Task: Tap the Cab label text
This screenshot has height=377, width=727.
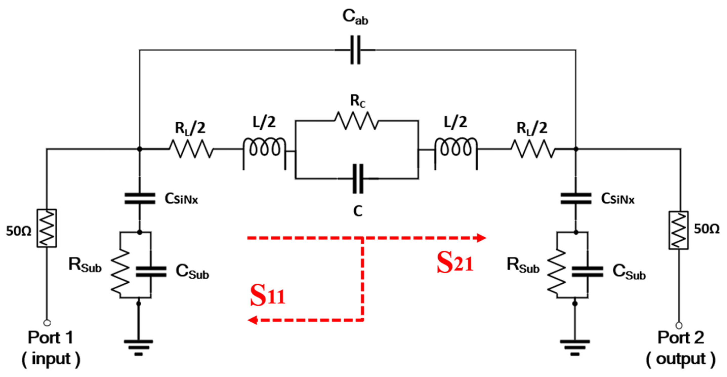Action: click(x=355, y=17)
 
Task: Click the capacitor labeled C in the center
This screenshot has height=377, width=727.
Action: click(x=358, y=179)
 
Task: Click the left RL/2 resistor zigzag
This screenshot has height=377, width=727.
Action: click(x=191, y=149)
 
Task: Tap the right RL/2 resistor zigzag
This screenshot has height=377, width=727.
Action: click(x=532, y=149)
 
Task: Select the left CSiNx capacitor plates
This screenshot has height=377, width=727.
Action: click(x=140, y=198)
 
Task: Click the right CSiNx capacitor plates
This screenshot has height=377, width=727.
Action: click(x=576, y=198)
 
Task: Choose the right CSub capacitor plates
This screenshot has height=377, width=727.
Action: click(x=588, y=271)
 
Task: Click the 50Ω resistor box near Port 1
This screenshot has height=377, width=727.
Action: click(x=47, y=228)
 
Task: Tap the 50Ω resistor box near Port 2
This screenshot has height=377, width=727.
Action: click(x=678, y=230)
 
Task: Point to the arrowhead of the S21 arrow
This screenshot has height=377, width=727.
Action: click(x=481, y=238)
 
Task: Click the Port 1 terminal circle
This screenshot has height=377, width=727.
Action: click(x=47, y=323)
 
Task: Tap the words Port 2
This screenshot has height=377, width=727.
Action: click(x=680, y=338)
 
